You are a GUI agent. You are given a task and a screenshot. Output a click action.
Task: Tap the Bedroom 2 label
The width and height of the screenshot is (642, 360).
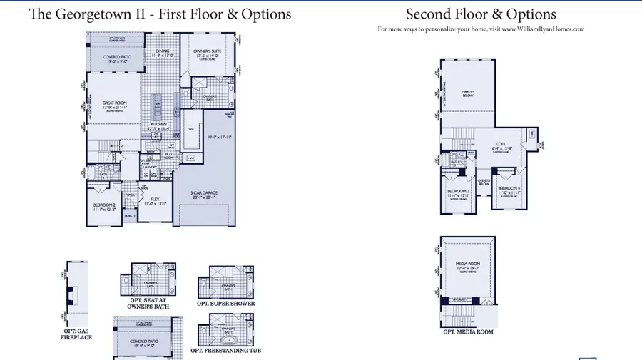[x=104, y=207]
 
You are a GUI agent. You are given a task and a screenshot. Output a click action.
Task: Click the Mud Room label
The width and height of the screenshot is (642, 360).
[x=170, y=154]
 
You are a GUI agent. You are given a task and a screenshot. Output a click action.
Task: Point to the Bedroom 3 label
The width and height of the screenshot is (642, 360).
[x=457, y=192]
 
